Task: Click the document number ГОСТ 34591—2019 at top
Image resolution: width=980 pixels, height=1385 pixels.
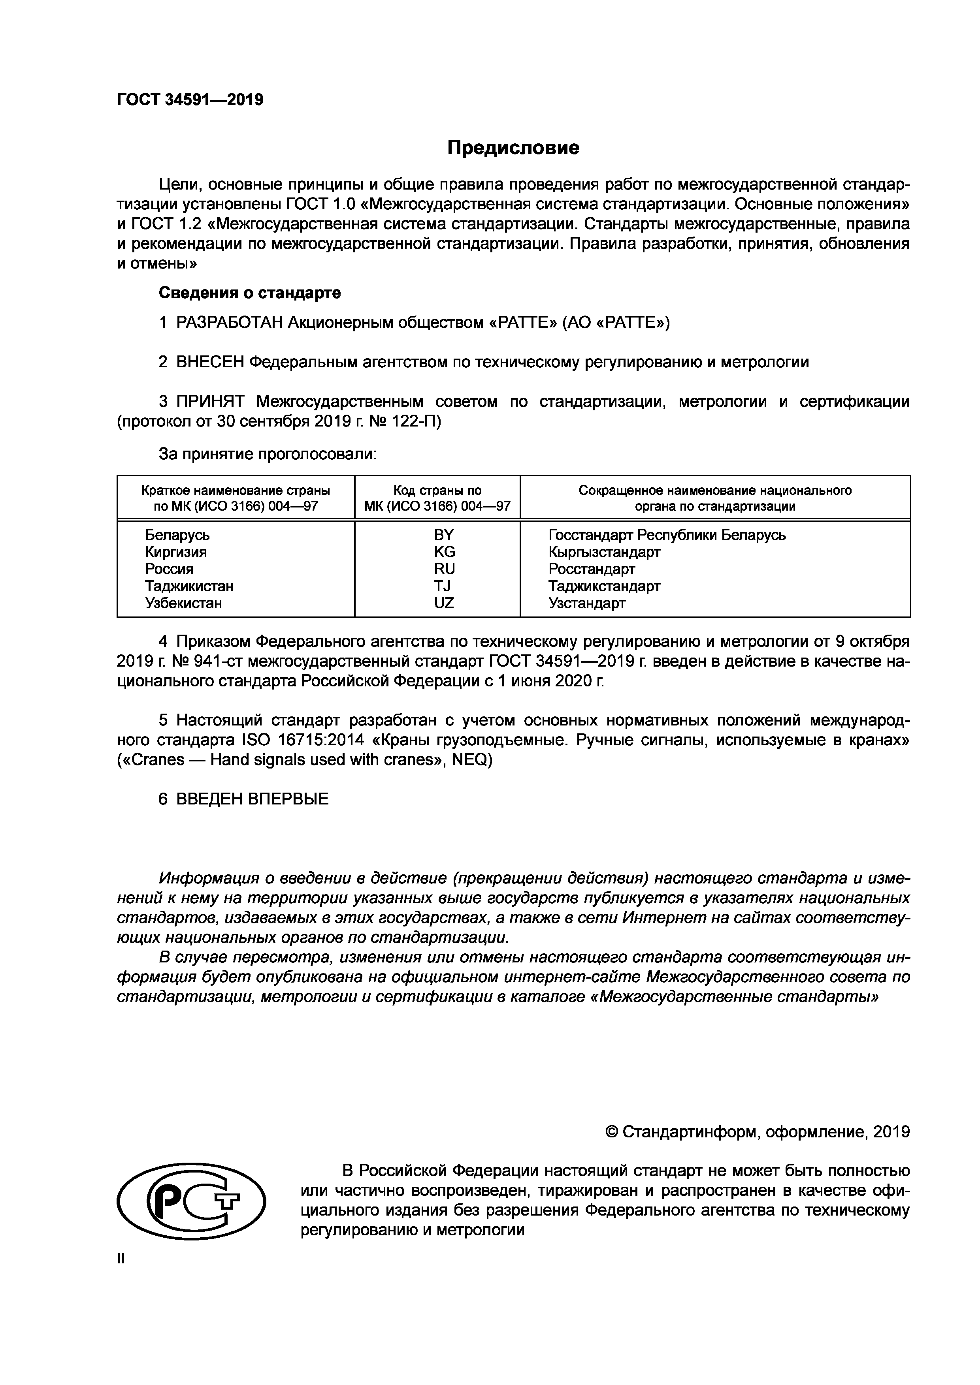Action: click(190, 100)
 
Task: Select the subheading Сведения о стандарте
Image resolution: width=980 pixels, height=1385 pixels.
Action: click(249, 293)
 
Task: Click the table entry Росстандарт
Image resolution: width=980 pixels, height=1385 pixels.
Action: click(592, 568)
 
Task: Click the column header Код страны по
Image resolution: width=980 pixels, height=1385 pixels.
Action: click(437, 490)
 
